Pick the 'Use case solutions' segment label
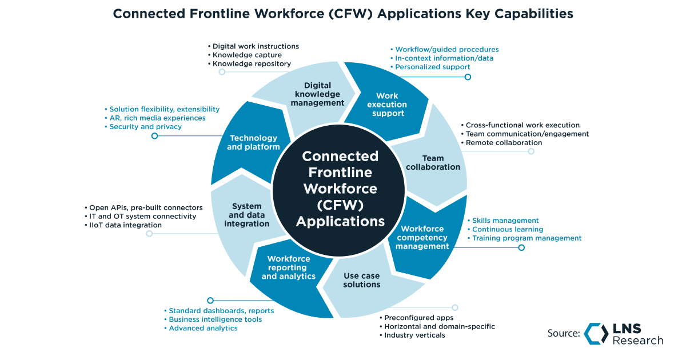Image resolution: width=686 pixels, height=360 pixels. tap(362, 280)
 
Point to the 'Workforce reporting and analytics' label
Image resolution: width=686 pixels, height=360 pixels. tap(289, 267)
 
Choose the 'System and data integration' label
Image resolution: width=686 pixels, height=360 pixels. tap(246, 215)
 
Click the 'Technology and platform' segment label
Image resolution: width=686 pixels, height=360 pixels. tap(253, 142)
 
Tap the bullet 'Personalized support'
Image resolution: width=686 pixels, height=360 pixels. tap(433, 67)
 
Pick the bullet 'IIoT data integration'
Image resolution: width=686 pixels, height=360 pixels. tap(125, 225)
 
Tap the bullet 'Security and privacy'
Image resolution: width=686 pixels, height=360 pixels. tap(145, 127)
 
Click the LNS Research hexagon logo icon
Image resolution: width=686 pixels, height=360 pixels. tap(596, 334)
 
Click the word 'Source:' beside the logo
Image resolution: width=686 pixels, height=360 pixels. tap(564, 334)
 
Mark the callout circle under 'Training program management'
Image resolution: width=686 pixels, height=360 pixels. tap(521, 247)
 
